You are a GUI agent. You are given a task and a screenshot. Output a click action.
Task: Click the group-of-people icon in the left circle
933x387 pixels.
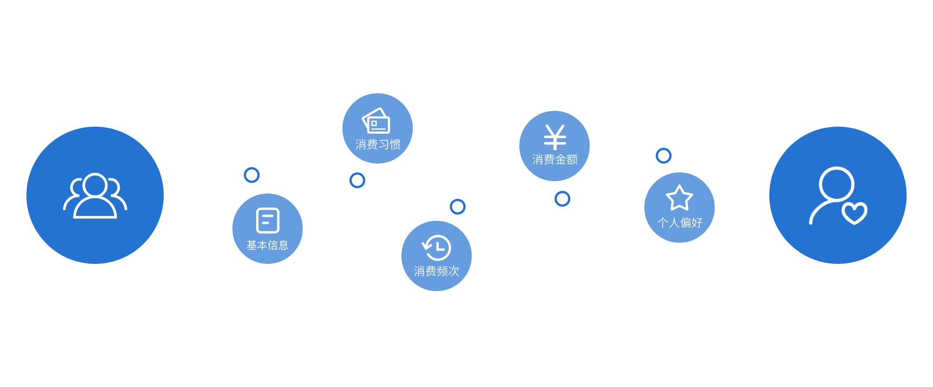click(95, 196)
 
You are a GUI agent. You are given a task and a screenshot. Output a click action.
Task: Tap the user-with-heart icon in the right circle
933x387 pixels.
click(837, 196)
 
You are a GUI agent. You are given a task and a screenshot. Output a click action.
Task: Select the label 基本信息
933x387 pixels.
click(268, 245)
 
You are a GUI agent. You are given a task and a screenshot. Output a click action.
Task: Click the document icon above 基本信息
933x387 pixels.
click(268, 220)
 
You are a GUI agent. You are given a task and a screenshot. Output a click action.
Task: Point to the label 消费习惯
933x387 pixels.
click(378, 144)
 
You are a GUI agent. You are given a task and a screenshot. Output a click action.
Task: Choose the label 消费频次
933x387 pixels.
click(437, 271)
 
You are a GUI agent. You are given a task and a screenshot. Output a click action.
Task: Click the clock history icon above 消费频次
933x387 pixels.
click(437, 248)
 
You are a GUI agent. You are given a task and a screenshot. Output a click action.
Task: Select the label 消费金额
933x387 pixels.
click(555, 159)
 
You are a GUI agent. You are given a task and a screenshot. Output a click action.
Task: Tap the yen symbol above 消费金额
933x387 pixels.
click(555, 137)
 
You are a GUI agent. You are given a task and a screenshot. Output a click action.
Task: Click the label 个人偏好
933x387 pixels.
click(680, 223)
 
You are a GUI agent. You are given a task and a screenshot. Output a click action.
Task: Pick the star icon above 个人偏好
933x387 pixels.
click(680, 198)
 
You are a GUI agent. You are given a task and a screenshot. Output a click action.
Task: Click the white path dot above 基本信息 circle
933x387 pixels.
click(252, 175)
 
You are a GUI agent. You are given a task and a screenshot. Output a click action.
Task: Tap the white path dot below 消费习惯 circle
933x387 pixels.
click(357, 180)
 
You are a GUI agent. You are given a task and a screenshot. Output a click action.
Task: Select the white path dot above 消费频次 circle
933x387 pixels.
click(458, 206)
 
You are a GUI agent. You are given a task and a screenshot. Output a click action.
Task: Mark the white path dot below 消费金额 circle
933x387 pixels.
click(562, 199)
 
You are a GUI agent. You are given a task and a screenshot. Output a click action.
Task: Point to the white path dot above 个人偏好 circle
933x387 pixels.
click(663, 155)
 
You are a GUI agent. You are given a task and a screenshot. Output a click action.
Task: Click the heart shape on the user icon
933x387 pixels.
click(854, 213)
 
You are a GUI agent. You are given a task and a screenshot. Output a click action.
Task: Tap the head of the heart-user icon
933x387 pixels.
click(836, 183)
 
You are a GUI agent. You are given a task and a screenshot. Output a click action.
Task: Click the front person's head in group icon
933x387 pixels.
click(95, 185)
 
